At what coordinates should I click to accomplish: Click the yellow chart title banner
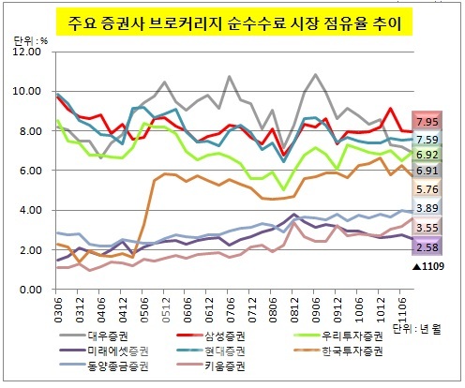coord(234,22)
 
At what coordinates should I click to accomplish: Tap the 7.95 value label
coord(427,121)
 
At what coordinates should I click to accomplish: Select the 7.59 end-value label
coord(427,140)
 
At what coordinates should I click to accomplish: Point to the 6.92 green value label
coord(427,155)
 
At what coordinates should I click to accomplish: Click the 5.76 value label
coord(427,189)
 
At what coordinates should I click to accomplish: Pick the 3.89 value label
coord(427,208)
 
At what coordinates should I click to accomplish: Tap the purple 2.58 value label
coord(427,246)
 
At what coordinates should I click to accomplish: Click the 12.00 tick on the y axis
coord(26,52)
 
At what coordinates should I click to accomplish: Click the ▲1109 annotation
coord(428,266)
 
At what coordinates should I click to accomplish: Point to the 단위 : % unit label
coord(30,40)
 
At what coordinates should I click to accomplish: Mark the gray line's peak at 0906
coord(315,74)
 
